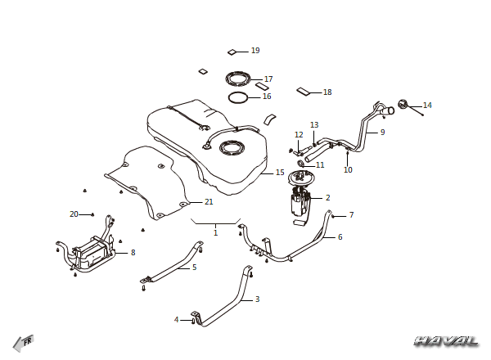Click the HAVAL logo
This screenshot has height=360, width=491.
(x=446, y=341)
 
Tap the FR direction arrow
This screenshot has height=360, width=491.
(x=23, y=343)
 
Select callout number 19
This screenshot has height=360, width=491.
(x=255, y=51)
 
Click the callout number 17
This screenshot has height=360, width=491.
(x=268, y=79)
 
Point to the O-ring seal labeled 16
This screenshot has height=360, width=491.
(x=238, y=97)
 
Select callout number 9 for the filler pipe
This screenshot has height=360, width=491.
(x=382, y=132)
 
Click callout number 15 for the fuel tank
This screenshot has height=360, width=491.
(x=280, y=173)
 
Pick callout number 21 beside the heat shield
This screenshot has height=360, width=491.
(x=209, y=202)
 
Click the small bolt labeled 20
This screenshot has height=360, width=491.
(x=92, y=214)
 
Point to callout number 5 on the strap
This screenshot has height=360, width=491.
(x=195, y=268)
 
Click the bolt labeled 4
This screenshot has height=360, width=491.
(x=193, y=321)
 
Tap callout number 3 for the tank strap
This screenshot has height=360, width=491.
(x=258, y=299)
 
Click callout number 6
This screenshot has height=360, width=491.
(x=340, y=237)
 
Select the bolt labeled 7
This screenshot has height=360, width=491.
(x=334, y=216)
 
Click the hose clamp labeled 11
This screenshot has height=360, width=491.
(x=301, y=164)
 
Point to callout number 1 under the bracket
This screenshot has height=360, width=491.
(x=215, y=233)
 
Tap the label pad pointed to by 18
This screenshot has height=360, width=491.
(x=303, y=92)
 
